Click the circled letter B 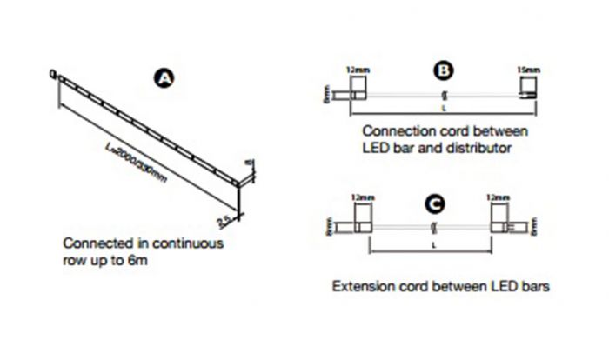(x=443, y=70)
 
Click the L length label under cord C (x=432, y=247)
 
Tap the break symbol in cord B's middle (x=443, y=95)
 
